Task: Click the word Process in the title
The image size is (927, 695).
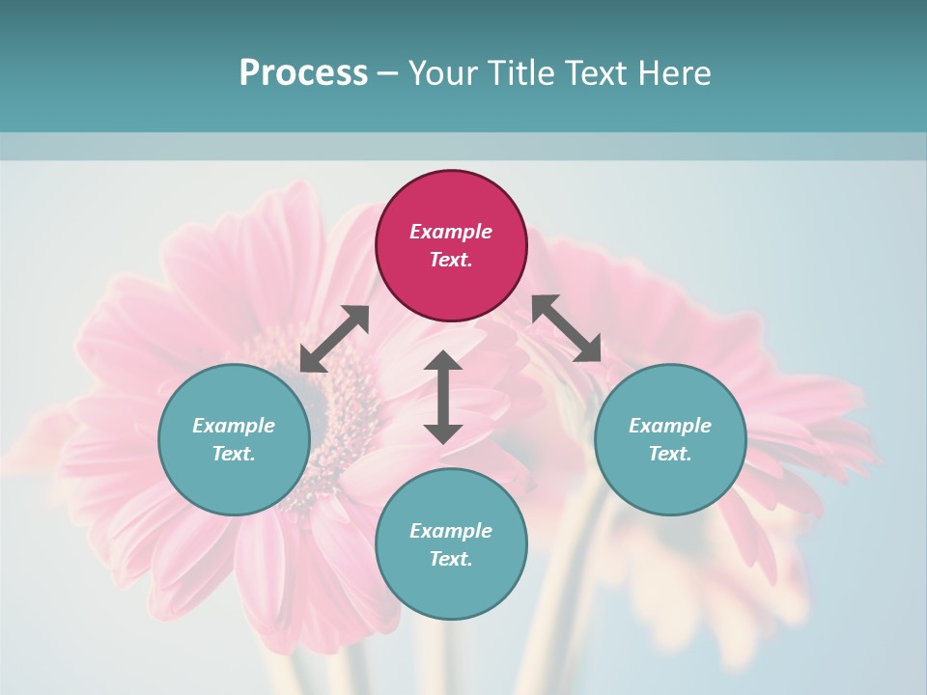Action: (303, 73)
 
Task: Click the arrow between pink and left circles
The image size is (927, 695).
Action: (334, 339)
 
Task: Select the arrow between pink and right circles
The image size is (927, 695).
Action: (567, 328)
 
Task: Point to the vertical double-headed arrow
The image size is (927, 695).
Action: (443, 397)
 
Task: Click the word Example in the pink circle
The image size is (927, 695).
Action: (451, 232)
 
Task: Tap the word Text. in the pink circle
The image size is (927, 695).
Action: (451, 260)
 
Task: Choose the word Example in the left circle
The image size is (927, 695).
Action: (234, 426)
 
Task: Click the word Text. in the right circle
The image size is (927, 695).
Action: (670, 454)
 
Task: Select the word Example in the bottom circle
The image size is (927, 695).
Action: (451, 531)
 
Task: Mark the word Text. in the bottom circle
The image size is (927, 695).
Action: (451, 559)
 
